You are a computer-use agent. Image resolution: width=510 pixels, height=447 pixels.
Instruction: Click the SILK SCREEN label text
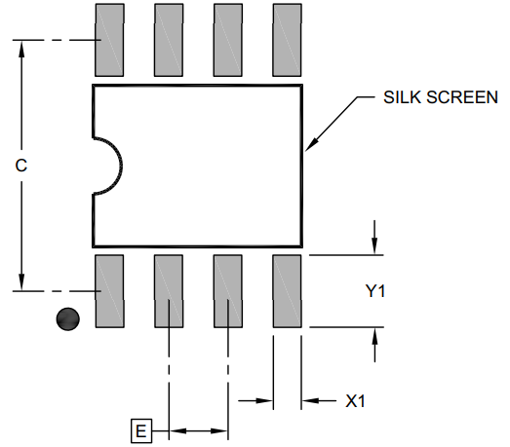441,97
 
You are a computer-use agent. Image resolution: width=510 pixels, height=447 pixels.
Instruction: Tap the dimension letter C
20,166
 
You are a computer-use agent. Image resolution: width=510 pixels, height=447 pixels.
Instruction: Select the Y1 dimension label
376,291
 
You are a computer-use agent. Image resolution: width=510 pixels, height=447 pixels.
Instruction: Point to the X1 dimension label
357,400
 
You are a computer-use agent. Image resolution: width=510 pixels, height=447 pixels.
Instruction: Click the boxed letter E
142,430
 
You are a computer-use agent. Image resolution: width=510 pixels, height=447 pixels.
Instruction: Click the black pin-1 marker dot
67,318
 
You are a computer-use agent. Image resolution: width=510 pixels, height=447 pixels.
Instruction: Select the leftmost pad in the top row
109,40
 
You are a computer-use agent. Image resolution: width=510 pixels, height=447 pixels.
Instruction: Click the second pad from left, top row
169,40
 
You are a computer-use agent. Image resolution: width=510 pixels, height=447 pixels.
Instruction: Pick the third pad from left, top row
228,40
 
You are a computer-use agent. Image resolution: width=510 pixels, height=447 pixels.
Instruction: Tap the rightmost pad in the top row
288,40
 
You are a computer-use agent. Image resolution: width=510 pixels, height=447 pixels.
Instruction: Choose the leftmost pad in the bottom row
109,290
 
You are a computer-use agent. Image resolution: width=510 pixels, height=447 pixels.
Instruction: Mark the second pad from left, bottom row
169,290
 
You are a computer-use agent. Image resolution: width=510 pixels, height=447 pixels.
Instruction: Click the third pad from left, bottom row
228,290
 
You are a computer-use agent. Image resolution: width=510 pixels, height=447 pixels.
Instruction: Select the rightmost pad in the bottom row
288,290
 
